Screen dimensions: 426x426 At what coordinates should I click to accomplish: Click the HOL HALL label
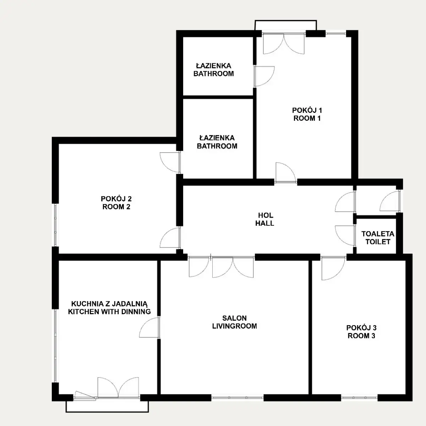click(265, 219)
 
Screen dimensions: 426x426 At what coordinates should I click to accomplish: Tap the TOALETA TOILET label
click(378, 238)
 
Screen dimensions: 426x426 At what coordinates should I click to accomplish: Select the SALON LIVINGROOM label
click(234, 322)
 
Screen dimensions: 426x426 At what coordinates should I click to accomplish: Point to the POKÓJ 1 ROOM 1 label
click(307, 114)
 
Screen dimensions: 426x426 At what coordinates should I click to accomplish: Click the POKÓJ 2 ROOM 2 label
click(116, 203)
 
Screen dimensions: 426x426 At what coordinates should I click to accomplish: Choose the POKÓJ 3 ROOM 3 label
click(361, 332)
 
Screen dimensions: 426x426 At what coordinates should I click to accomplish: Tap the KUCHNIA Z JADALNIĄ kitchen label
click(109, 308)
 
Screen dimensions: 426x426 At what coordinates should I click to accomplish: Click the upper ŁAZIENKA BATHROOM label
click(214, 70)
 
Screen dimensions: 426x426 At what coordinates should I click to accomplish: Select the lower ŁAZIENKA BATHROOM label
click(217, 142)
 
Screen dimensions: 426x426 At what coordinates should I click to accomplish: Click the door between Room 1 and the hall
click(286, 173)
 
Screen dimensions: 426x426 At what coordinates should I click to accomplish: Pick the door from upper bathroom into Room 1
click(264, 76)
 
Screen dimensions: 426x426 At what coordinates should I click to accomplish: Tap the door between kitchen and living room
click(149, 327)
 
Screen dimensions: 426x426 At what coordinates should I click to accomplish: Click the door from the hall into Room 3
click(333, 268)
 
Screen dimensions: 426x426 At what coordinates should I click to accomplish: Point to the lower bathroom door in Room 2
click(170, 163)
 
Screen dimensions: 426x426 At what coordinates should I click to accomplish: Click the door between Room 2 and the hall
click(170, 237)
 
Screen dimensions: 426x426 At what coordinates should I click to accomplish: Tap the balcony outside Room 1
click(286, 25)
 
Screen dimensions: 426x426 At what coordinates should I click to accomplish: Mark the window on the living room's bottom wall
click(237, 398)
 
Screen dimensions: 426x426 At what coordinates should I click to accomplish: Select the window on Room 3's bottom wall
click(359, 398)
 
